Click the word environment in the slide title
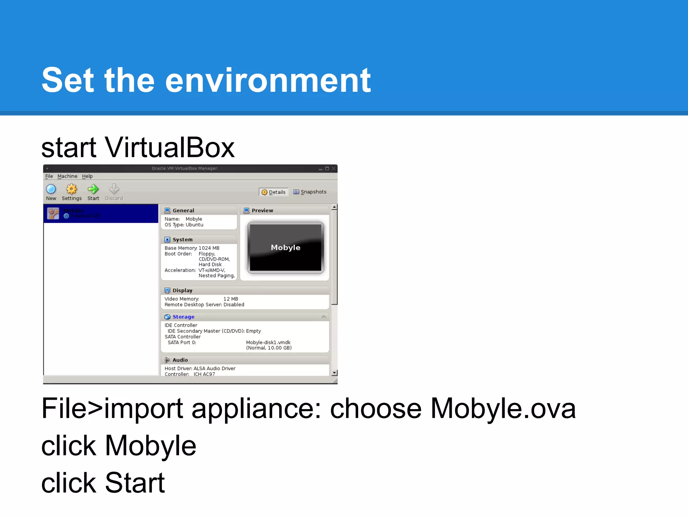point(268,80)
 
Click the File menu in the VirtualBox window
point(49,176)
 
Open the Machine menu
point(67,176)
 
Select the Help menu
point(87,176)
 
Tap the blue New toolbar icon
point(51,189)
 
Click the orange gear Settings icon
point(72,189)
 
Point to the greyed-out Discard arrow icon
point(114,189)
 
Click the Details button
point(273,192)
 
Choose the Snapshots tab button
point(310,192)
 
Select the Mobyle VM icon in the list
point(53,213)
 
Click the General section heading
point(183,211)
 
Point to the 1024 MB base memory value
point(209,248)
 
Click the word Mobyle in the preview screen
point(286,248)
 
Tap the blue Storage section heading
point(183,317)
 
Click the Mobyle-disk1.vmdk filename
point(268,343)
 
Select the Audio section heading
point(180,360)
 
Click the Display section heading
point(182,291)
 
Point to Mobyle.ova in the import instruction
point(503,408)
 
